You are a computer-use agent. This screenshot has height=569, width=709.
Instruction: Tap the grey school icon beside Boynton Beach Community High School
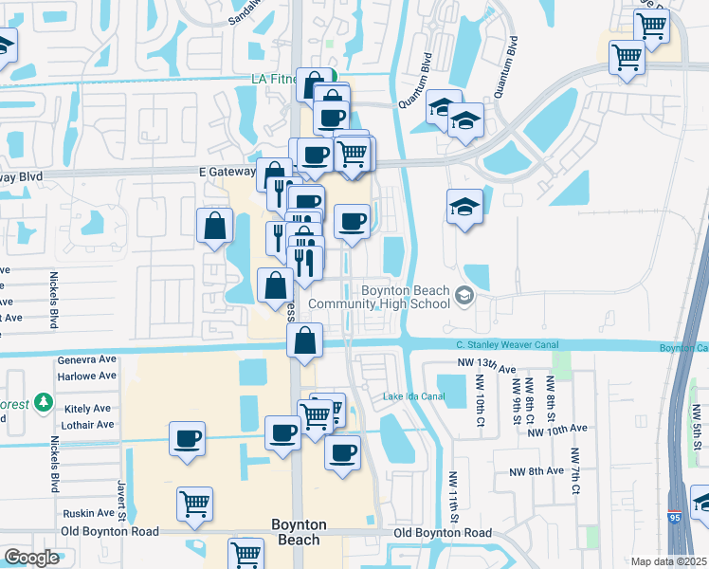click(464, 296)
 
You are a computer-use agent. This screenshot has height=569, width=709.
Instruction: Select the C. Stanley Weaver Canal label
click(507, 345)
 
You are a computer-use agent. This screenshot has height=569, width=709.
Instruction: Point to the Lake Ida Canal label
click(413, 396)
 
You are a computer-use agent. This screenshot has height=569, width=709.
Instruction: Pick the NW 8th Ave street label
click(536, 471)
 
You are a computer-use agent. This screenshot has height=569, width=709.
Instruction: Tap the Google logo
click(31, 558)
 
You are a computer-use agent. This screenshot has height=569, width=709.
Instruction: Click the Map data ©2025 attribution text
click(667, 561)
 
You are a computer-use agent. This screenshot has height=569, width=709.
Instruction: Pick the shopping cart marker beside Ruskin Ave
click(194, 504)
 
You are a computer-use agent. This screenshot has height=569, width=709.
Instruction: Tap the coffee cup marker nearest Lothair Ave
click(187, 438)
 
